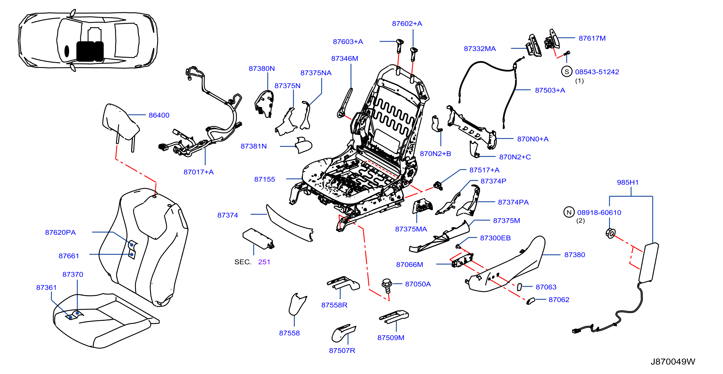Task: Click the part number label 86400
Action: point(159,115)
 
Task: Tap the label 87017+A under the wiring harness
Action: point(198,172)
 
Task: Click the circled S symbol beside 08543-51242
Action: point(567,72)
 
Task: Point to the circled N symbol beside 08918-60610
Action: point(569,212)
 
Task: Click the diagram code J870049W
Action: point(673,362)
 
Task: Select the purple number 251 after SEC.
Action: point(264,262)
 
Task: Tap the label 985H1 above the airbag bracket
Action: point(628,182)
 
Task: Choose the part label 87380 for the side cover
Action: point(574,255)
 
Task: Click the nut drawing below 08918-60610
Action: point(611,233)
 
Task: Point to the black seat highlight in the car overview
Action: point(90,51)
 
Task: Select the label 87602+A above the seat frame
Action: point(407,24)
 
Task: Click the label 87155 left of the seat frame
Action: point(264,179)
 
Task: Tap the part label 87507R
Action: point(342,350)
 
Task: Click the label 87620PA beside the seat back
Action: point(60,232)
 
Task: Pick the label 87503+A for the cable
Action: point(550,90)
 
